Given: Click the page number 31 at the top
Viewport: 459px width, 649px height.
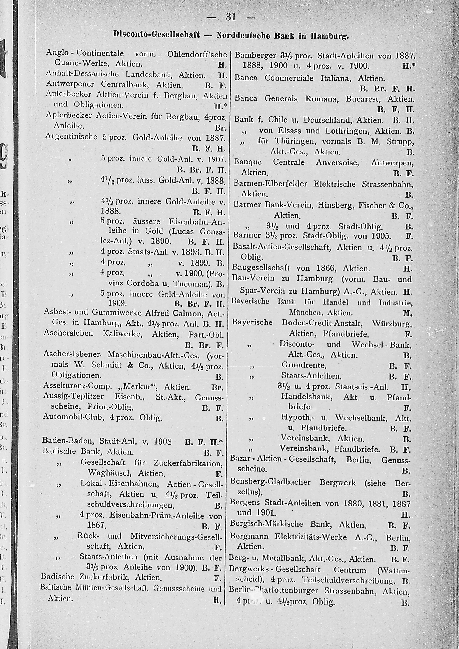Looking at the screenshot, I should click(x=231, y=17).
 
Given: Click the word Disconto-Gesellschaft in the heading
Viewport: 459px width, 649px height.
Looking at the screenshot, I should click(x=156, y=35).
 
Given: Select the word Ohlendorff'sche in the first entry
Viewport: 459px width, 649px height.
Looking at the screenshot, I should click(x=197, y=54).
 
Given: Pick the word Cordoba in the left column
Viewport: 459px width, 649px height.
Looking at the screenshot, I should click(x=144, y=283).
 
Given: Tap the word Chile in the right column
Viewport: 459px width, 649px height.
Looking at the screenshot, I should click(x=277, y=120).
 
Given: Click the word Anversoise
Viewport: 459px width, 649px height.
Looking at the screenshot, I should click(x=337, y=162).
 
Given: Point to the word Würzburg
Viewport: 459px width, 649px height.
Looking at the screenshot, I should click(x=392, y=323).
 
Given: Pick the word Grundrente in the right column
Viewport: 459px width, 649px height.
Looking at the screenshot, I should click(x=304, y=365).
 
